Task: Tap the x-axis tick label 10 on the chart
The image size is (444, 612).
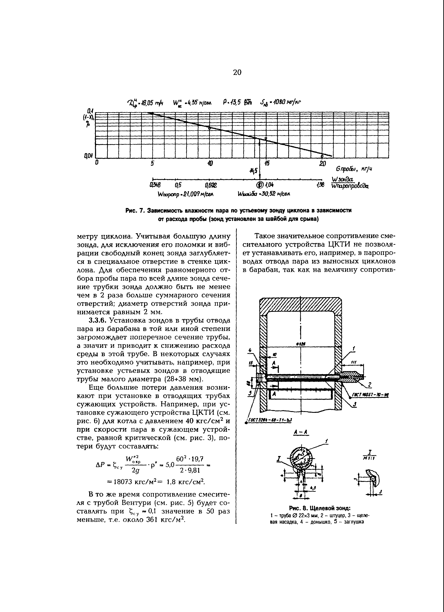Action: [x=210, y=163]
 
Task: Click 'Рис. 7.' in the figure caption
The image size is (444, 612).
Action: [x=135, y=210]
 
